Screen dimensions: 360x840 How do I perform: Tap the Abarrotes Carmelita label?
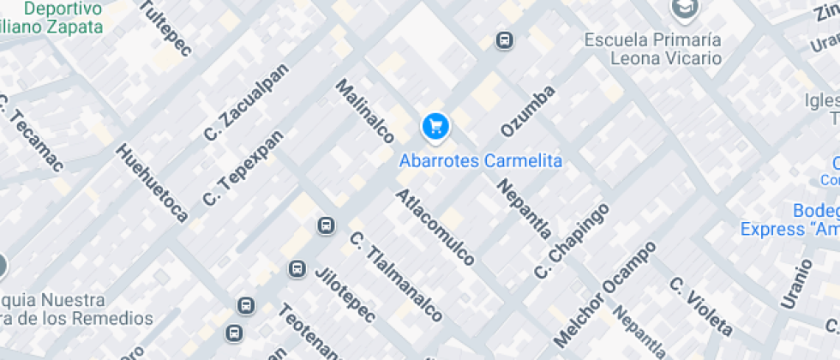[x=481, y=160]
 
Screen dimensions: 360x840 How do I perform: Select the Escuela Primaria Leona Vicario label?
[x=653, y=50]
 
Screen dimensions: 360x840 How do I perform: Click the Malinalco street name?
[x=364, y=111]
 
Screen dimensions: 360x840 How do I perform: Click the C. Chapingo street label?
[x=571, y=241]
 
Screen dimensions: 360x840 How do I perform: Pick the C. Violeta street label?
[x=701, y=306]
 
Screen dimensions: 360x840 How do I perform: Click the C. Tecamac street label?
[x=29, y=140]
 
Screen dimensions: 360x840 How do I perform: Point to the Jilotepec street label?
[x=345, y=296]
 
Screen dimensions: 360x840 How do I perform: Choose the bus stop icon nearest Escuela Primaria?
[x=505, y=40]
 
